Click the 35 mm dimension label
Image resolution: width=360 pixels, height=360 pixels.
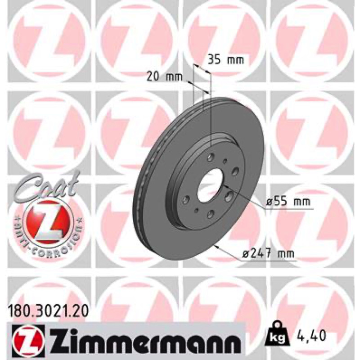225,60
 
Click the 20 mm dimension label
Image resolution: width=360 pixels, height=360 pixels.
164,77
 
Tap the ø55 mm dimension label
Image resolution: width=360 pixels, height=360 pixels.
288,202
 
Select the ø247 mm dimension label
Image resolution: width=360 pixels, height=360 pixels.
268,254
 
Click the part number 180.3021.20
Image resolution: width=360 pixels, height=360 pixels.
48,311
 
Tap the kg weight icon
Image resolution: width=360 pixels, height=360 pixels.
277,336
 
